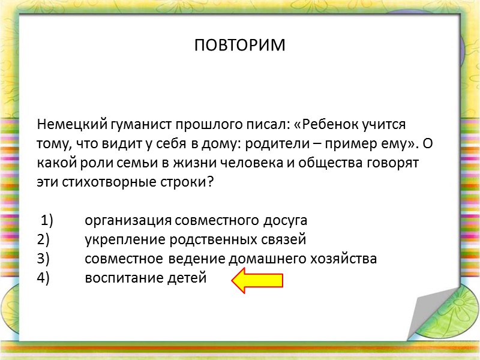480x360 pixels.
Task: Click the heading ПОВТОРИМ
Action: coord(240,46)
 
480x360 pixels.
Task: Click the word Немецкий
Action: coord(72,125)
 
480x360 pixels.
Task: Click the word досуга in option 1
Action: coord(285,221)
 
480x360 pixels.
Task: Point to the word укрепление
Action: coord(119,240)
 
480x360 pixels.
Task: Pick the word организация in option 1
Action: coord(124,221)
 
